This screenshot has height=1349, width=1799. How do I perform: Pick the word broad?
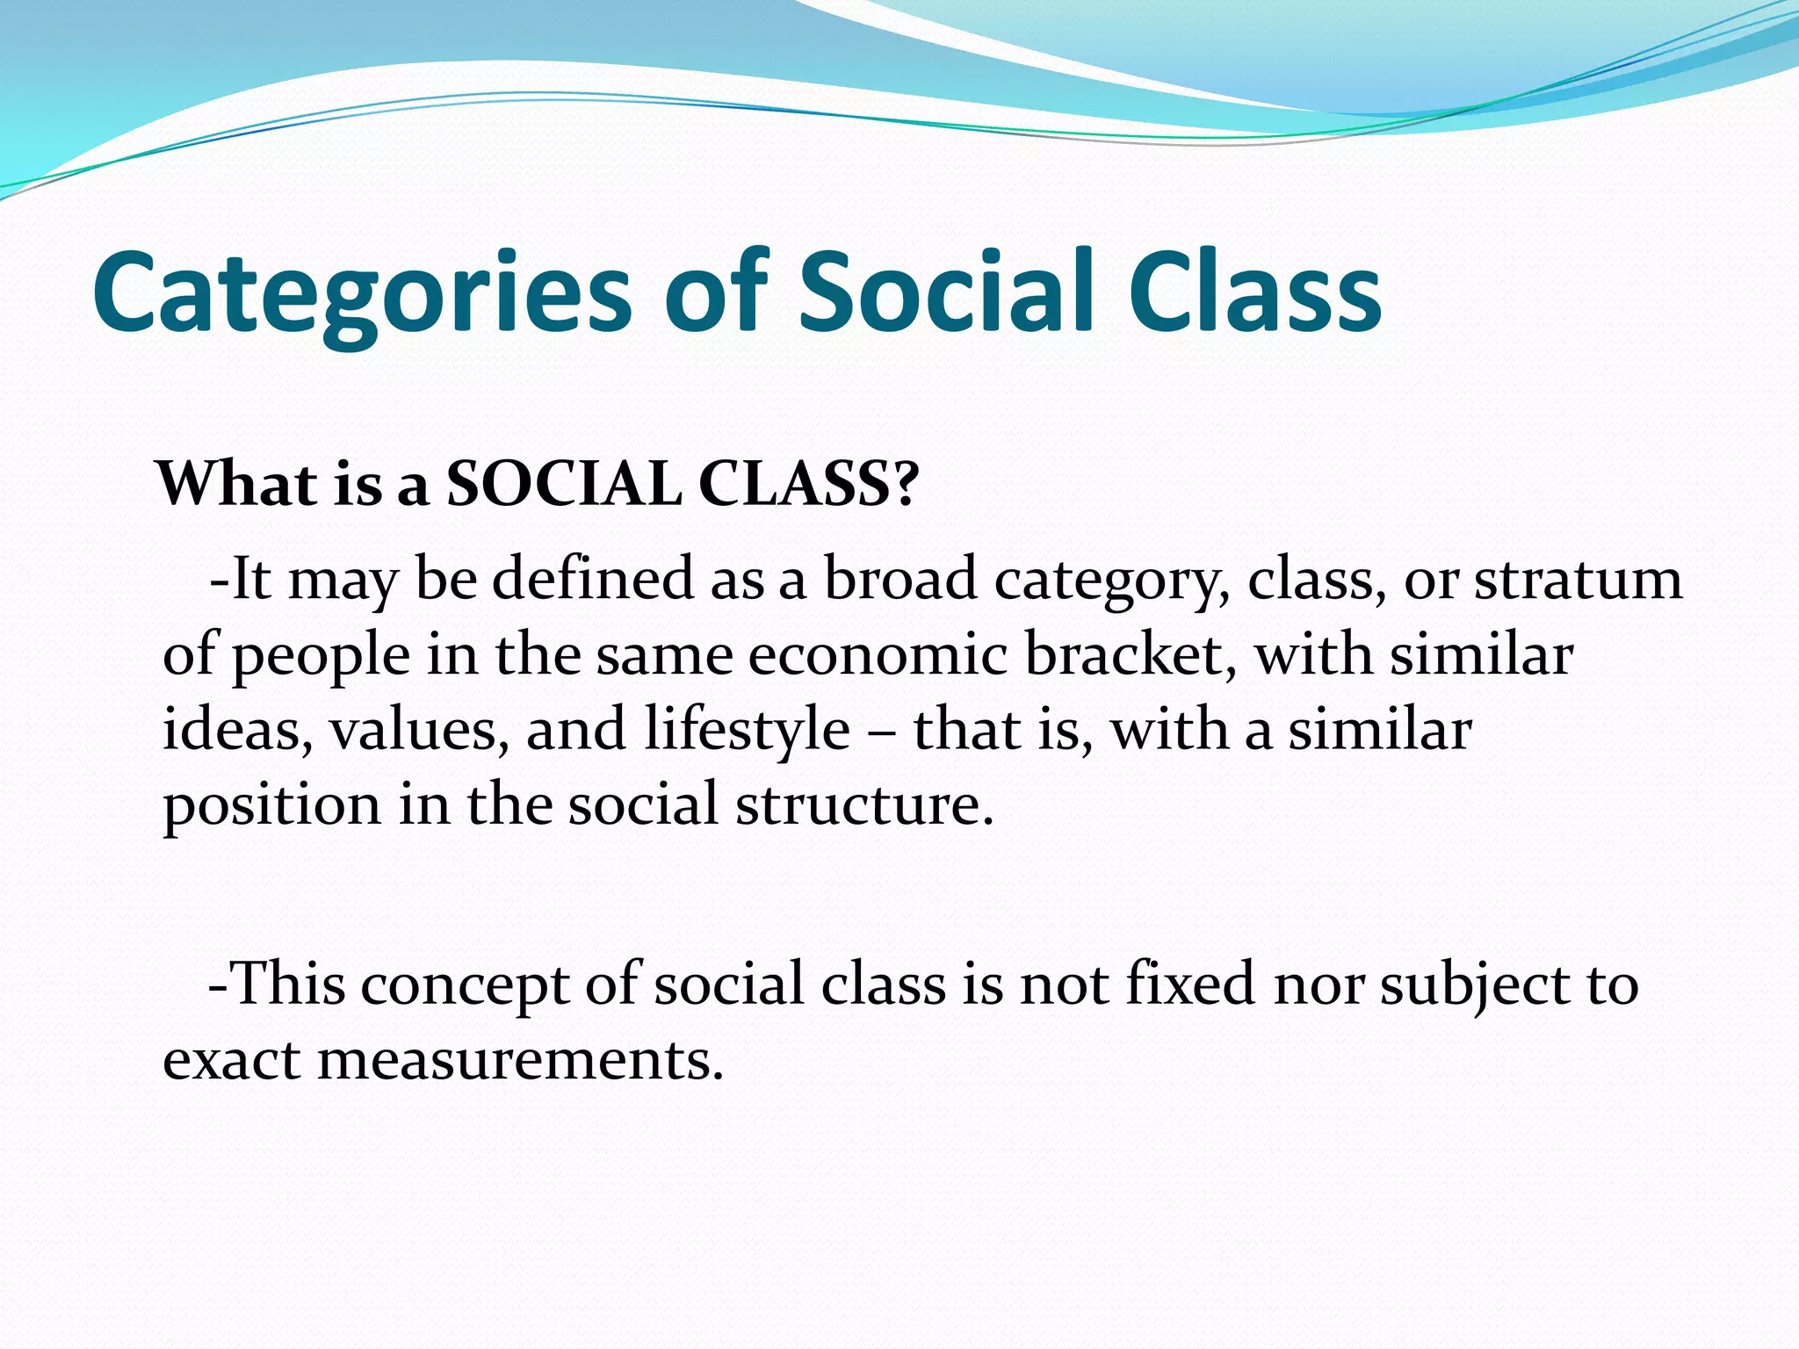900,580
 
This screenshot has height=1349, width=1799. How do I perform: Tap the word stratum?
1578,580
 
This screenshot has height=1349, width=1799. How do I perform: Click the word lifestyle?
747,732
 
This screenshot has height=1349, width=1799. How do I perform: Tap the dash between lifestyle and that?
881,732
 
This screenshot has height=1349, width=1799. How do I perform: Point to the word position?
272,806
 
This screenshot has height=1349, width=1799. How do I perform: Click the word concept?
465,986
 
